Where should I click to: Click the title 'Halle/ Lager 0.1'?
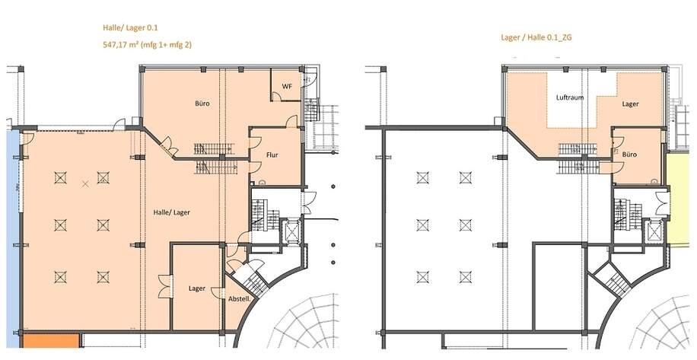coord(126,28)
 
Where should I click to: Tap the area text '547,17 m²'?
coord(123,45)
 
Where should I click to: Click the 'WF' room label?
coord(287,86)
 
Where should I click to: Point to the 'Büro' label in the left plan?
coord(202,104)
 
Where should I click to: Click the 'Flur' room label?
coord(272,155)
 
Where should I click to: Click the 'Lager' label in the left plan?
coord(197,288)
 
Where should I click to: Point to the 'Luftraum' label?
coord(569,98)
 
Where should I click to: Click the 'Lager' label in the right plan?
coord(629,104)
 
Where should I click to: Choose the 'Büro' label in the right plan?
coord(629,155)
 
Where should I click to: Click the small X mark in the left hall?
coord(85,183)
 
